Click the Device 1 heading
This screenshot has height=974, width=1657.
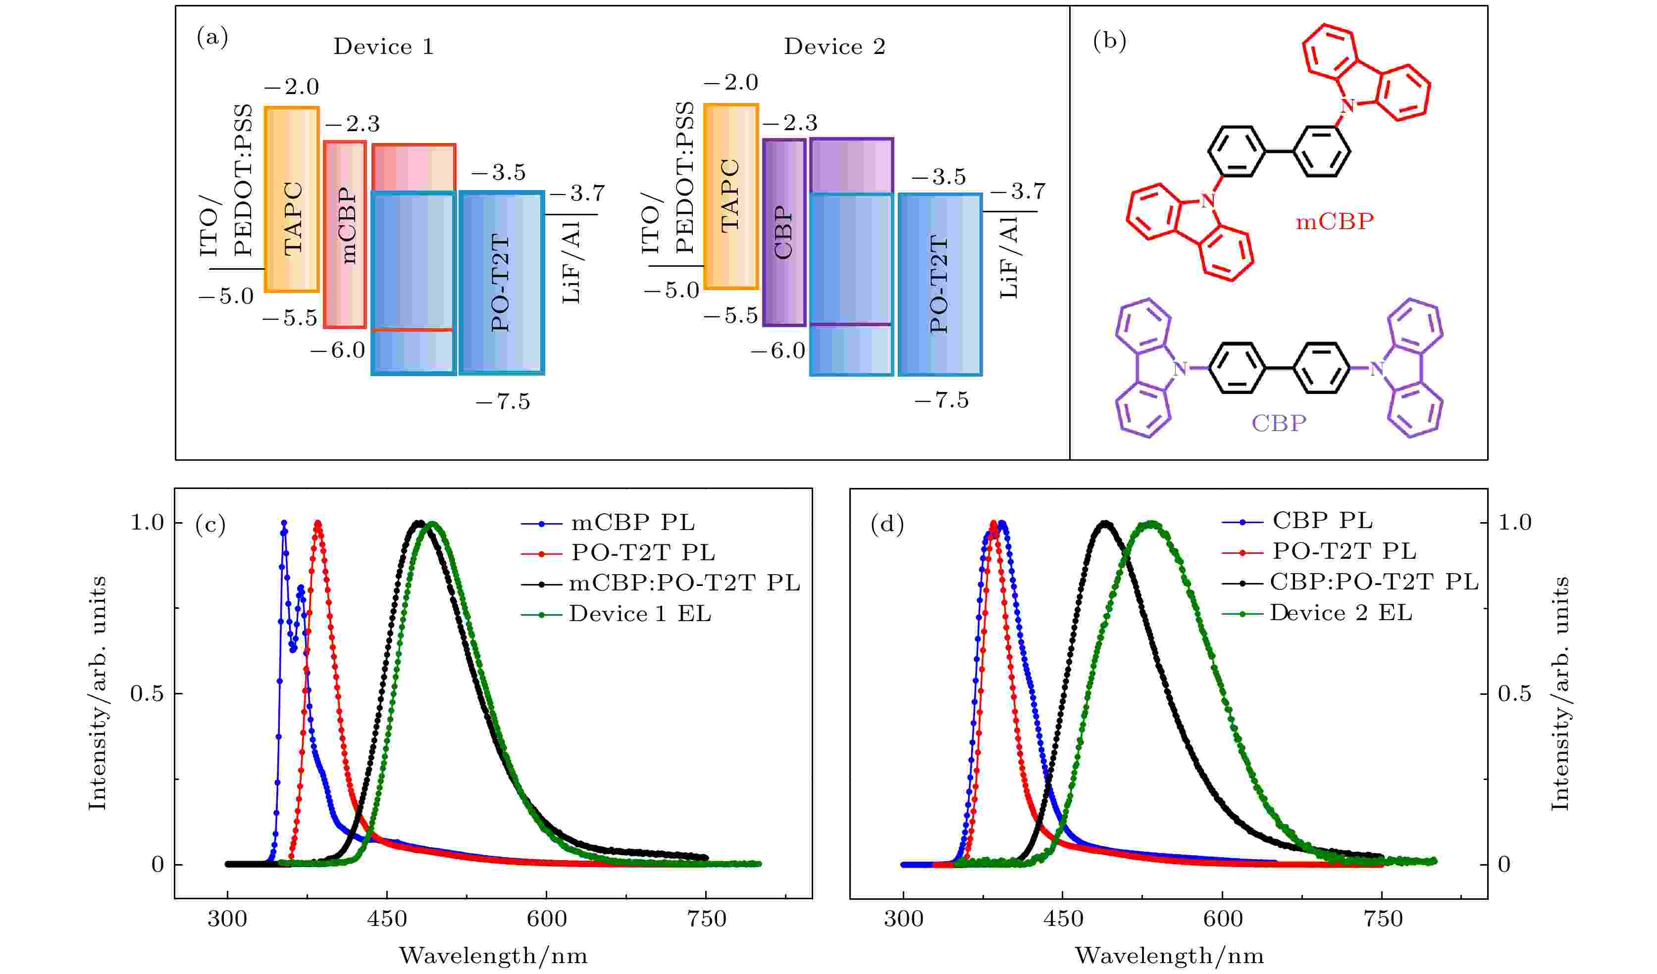383,47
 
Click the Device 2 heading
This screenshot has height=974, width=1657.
834,47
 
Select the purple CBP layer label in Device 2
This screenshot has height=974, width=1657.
784,233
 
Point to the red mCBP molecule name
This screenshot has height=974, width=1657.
1334,222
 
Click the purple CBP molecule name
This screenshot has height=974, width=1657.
1278,423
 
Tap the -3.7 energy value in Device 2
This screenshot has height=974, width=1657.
1017,191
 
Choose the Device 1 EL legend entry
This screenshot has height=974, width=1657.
640,614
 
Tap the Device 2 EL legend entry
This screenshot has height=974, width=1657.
1341,613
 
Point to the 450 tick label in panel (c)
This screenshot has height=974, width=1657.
387,919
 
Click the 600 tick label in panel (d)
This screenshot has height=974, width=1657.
1222,919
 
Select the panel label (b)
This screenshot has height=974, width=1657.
1109,42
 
